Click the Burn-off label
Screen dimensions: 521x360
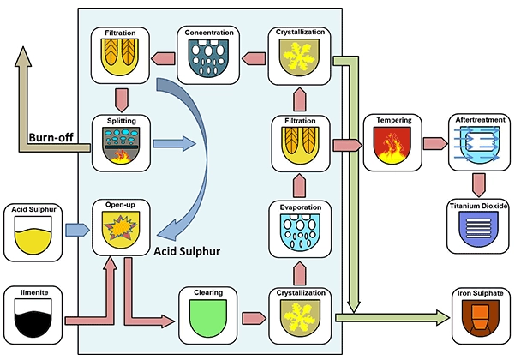click(x=51, y=137)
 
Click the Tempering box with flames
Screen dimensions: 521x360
click(x=392, y=146)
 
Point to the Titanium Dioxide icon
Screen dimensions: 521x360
click(x=478, y=229)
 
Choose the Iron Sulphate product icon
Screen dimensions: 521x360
click(x=481, y=318)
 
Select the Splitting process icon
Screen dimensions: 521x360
click(x=122, y=146)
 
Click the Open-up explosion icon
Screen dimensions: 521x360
click(x=121, y=230)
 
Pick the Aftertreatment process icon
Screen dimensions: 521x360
click(x=480, y=145)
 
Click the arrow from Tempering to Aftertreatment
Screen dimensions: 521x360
click(x=435, y=144)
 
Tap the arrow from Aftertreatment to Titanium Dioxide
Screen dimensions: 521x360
click(x=478, y=185)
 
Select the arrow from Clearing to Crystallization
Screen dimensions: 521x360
click(x=254, y=318)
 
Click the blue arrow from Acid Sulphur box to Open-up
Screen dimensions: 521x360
click(x=77, y=230)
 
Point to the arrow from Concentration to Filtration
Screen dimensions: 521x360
click(x=163, y=58)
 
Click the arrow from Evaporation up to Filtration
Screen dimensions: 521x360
click(x=299, y=185)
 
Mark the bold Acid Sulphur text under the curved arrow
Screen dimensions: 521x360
click(x=187, y=251)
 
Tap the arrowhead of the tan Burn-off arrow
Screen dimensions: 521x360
click(x=23, y=57)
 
